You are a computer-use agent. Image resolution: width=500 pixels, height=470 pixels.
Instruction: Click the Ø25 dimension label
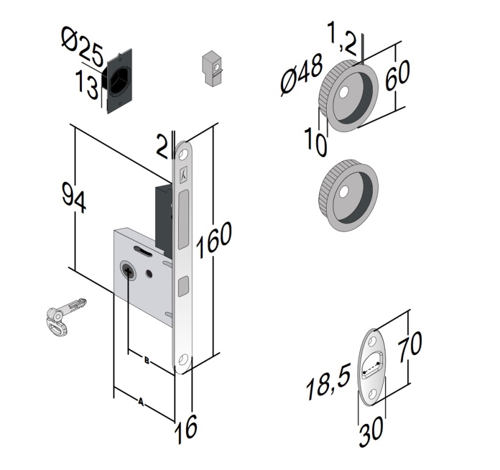81,46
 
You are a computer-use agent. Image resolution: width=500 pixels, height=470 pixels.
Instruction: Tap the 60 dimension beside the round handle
397,72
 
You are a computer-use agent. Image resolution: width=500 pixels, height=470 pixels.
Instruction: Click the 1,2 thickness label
342,37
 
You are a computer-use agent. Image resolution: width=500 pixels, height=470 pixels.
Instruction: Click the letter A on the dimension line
141,401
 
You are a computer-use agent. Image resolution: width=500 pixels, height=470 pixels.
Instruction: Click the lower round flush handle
348,195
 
